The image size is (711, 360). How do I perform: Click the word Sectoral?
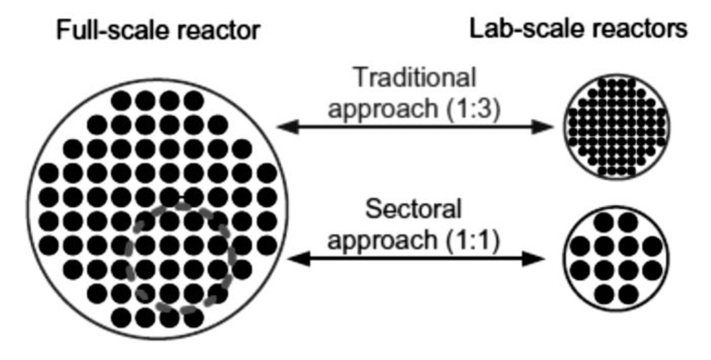point(413,210)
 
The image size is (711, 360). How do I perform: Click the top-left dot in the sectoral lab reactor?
point(602,222)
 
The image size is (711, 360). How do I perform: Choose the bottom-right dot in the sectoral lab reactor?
point(627,294)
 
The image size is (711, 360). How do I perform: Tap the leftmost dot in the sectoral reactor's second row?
point(578,246)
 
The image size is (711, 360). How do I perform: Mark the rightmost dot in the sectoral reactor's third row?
point(652,270)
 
